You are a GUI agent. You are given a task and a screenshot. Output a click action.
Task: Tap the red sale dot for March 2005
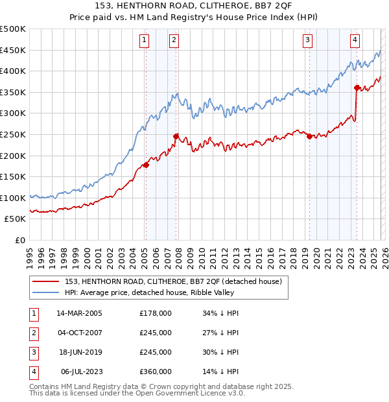(146, 165)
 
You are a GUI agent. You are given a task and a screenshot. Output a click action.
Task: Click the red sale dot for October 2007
(176, 136)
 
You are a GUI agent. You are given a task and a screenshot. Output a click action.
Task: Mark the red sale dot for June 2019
(309, 136)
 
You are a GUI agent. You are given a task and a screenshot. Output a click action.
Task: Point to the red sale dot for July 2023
(357, 88)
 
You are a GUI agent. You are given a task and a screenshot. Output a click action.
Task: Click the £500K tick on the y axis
(13, 29)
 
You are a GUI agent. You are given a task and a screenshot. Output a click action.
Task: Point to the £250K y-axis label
(13, 134)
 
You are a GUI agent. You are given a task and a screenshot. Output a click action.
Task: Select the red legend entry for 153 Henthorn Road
(173, 281)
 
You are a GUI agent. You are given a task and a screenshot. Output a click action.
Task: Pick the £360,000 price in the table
(156, 372)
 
